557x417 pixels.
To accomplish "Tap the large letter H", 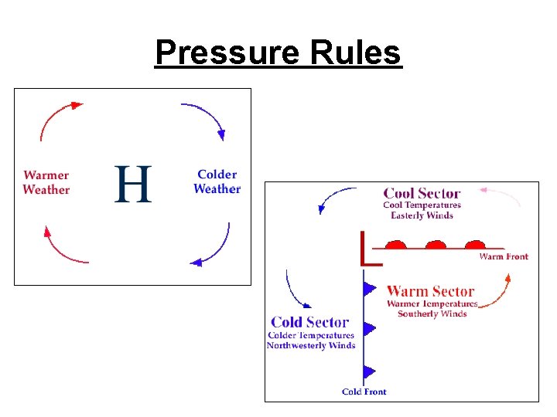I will [133, 184].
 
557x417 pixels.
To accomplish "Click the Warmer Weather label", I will [46, 183].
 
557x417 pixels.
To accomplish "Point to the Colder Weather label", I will [217, 182].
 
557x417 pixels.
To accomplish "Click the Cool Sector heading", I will [422, 193].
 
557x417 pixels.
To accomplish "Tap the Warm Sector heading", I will [430, 291].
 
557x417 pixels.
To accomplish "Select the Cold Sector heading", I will [309, 322].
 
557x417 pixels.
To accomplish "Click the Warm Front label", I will [504, 256].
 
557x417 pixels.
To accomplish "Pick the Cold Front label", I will [364, 392].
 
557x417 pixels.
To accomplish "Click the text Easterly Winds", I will [422, 215].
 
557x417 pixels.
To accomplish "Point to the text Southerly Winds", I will [432, 314].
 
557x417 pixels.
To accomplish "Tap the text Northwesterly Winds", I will [310, 345].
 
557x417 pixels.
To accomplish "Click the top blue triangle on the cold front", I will [370, 289].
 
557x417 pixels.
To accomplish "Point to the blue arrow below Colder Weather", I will [214, 251].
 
